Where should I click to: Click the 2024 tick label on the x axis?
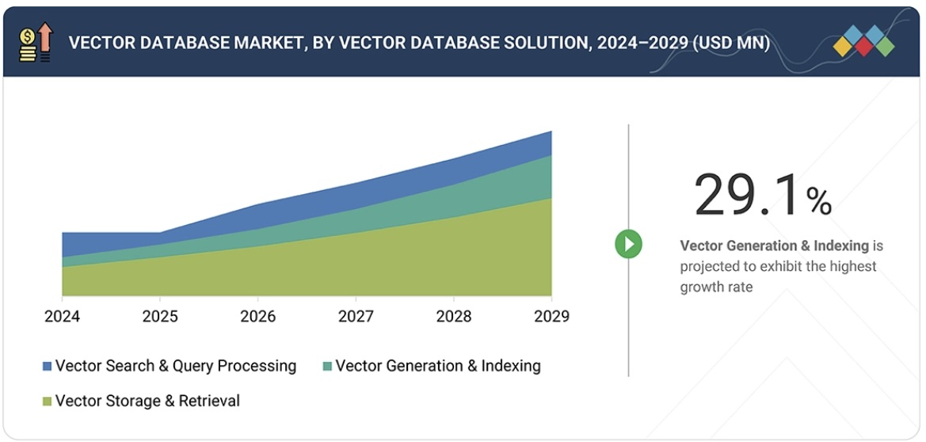(x=62, y=317)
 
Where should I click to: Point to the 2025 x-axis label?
(x=160, y=317)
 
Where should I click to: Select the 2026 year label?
(x=258, y=317)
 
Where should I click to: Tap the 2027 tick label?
(x=356, y=317)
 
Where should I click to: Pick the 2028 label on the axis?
(x=454, y=317)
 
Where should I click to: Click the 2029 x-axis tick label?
(x=551, y=317)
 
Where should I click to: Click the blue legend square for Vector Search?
(x=48, y=367)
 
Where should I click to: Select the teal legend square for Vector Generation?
(x=327, y=367)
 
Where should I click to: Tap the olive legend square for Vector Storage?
(x=48, y=402)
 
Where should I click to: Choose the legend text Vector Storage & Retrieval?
(x=147, y=401)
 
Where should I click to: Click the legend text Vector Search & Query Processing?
(x=176, y=366)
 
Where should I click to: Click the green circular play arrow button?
(x=629, y=244)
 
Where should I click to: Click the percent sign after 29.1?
(x=819, y=202)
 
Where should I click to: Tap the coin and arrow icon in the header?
(x=36, y=43)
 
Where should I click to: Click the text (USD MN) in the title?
(x=730, y=43)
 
